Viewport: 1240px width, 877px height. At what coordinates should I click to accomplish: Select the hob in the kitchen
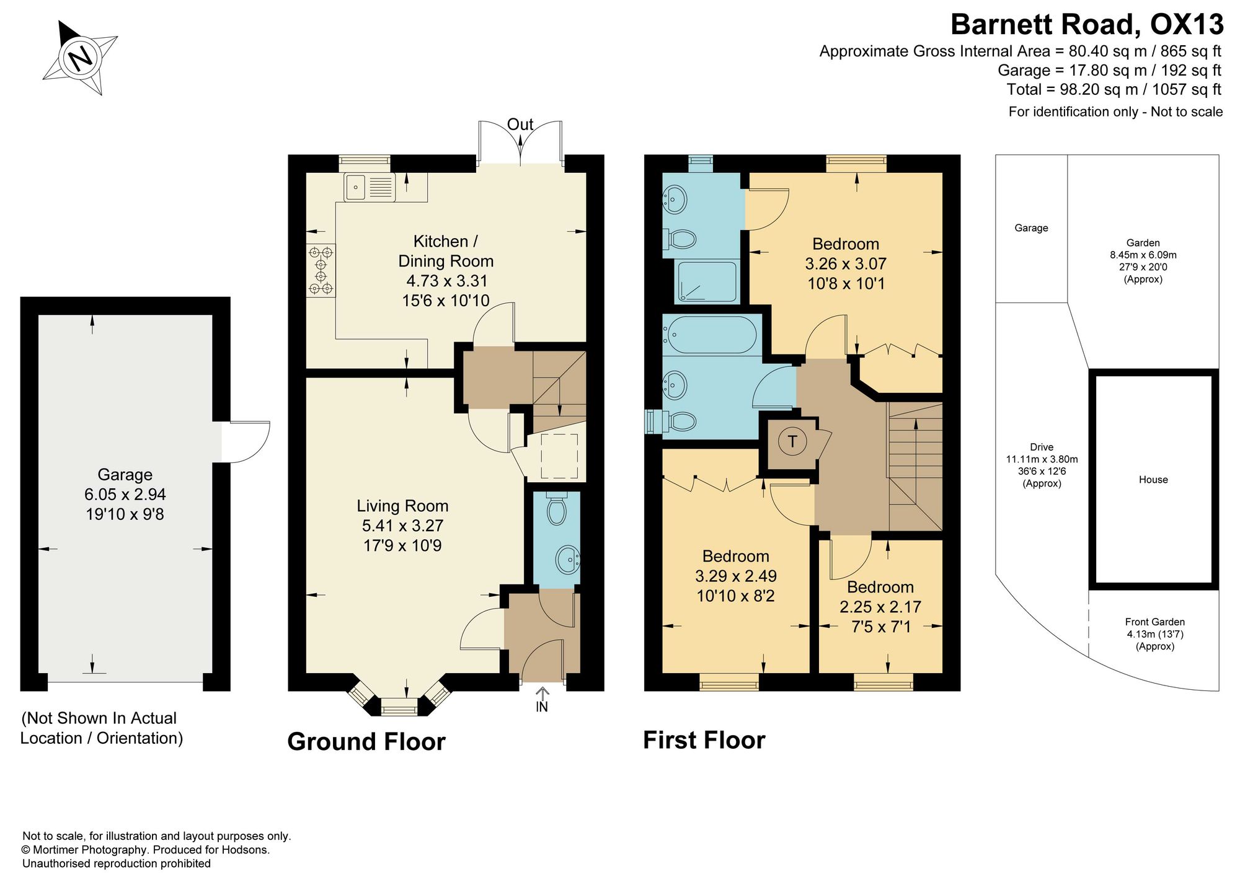coord(321,270)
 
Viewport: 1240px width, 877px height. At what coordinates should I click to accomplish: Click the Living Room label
coord(402,506)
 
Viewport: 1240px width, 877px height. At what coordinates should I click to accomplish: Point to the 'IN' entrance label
coord(542,707)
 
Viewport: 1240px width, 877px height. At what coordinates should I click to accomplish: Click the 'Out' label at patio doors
coord(520,125)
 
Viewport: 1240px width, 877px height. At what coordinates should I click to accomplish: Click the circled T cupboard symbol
coord(792,442)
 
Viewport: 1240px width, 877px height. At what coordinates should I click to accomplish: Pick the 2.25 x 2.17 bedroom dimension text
coord(880,607)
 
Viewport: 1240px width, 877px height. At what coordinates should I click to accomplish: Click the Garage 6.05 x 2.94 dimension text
coord(125,495)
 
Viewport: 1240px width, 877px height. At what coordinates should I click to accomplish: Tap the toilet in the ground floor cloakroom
coord(557,509)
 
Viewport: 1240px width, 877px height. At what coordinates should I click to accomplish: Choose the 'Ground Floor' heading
coord(366,742)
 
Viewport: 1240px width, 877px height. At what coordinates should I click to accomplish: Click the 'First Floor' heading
coord(704,740)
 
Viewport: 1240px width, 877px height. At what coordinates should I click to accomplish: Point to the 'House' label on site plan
coord(1153,480)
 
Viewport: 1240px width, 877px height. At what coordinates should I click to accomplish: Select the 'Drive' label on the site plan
coord(1042,447)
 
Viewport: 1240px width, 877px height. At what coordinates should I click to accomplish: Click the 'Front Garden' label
coord(1155,622)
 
